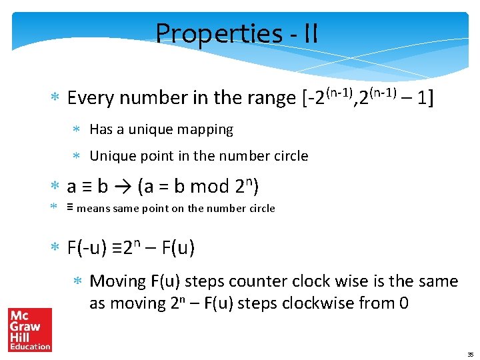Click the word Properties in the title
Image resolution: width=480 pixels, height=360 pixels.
click(209, 33)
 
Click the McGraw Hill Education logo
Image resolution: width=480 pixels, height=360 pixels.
click(30, 329)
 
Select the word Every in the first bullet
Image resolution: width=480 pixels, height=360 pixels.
click(89, 98)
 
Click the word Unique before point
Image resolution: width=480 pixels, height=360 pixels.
click(112, 156)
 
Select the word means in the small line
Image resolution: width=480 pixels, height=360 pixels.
click(93, 209)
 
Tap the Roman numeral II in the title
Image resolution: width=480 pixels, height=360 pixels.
click(309, 33)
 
